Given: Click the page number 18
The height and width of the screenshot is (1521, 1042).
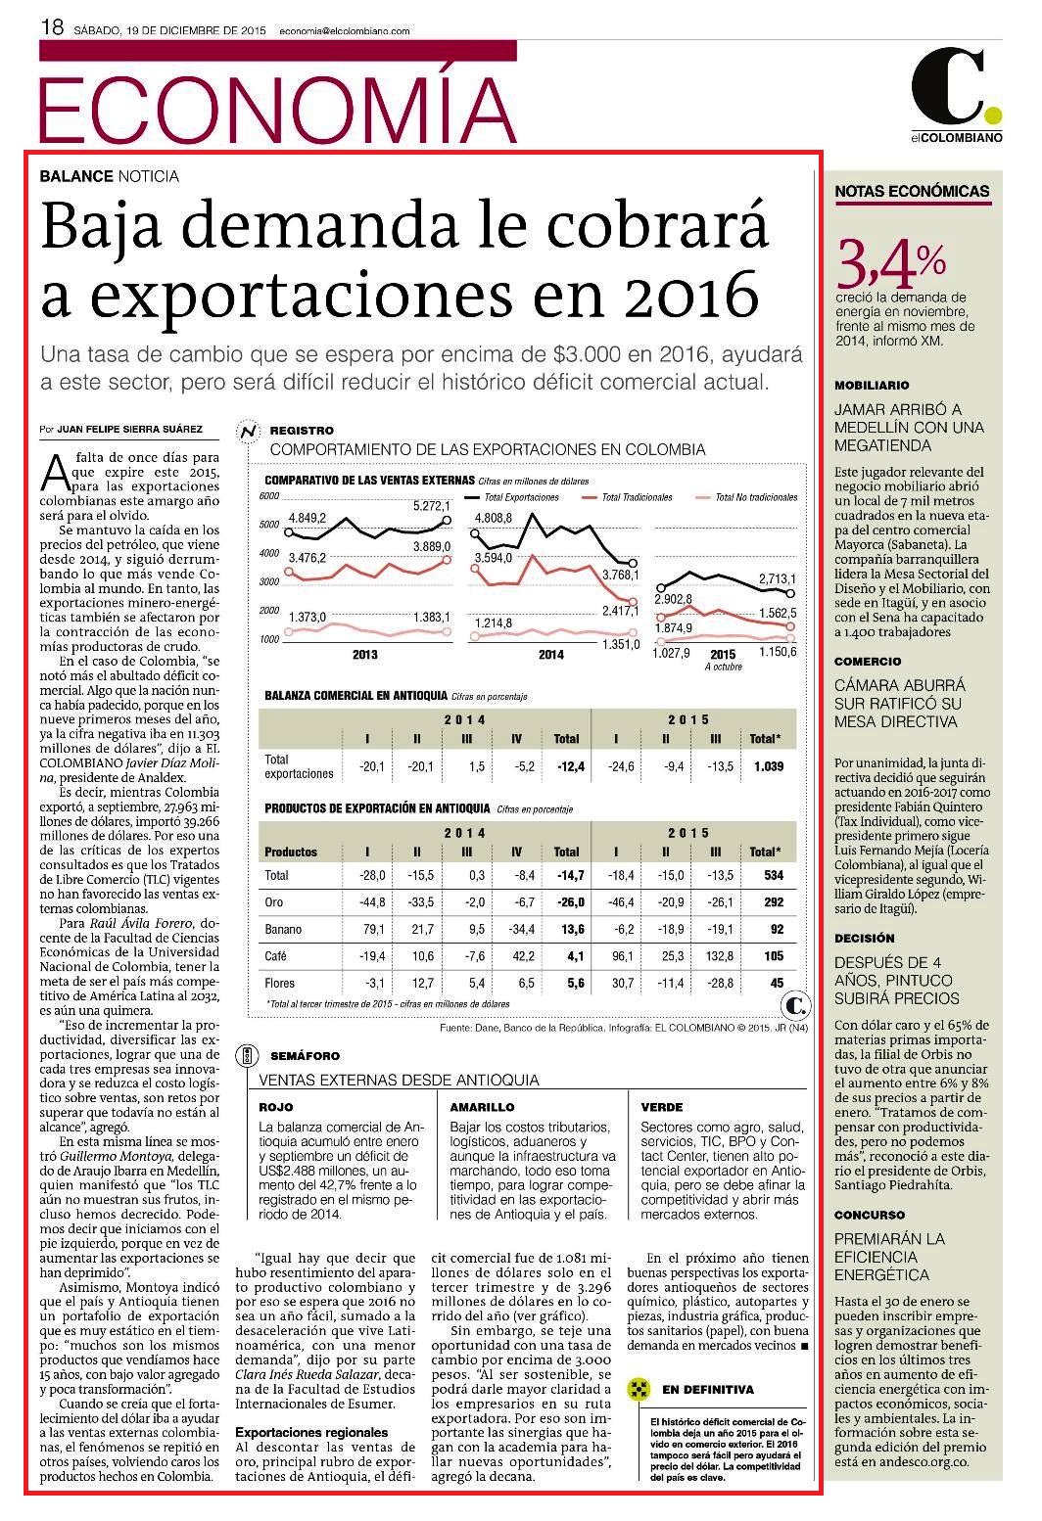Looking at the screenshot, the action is (52, 27).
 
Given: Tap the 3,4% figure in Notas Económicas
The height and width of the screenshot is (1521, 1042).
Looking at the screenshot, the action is (890, 264).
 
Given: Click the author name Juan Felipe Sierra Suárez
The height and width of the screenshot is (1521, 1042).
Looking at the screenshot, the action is (129, 429).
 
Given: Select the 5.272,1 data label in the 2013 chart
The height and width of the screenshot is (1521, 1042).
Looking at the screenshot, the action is (431, 506).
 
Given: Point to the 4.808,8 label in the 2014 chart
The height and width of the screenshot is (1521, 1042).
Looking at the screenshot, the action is (494, 518).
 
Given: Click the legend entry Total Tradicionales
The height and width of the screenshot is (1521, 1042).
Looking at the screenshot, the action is (637, 498).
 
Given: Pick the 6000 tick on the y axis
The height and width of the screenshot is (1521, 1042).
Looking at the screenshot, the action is (269, 496).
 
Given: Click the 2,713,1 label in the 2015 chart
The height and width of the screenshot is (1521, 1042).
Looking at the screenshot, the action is (777, 579).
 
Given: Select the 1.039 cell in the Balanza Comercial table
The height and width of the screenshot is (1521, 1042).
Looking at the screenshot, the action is (768, 766).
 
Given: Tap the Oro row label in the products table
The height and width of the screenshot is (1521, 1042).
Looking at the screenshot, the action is (274, 902).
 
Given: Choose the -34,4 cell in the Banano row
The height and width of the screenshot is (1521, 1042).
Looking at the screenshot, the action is (522, 929).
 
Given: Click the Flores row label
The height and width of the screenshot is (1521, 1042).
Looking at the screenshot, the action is (279, 983).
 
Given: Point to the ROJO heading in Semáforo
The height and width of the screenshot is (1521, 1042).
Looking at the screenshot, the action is (276, 1107).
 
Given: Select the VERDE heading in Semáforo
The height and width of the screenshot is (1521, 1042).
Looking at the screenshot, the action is (662, 1107).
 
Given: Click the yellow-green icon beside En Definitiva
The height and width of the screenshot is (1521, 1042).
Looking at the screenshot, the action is (638, 1389).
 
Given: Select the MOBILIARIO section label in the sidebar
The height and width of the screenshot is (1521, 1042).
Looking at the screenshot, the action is (872, 386).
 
